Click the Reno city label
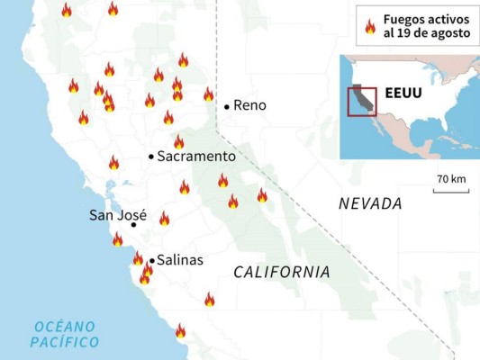249,105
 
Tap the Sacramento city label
196,157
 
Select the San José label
118,215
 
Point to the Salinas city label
180,260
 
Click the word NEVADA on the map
370,203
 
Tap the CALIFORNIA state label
281,271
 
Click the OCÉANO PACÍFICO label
64,334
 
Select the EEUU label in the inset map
403,93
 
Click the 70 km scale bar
450,190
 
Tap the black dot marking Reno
227,105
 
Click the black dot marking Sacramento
151,157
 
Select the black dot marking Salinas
151,261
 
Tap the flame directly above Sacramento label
178,141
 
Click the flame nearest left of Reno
208,94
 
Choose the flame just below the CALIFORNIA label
209,299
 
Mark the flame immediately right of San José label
164,218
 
